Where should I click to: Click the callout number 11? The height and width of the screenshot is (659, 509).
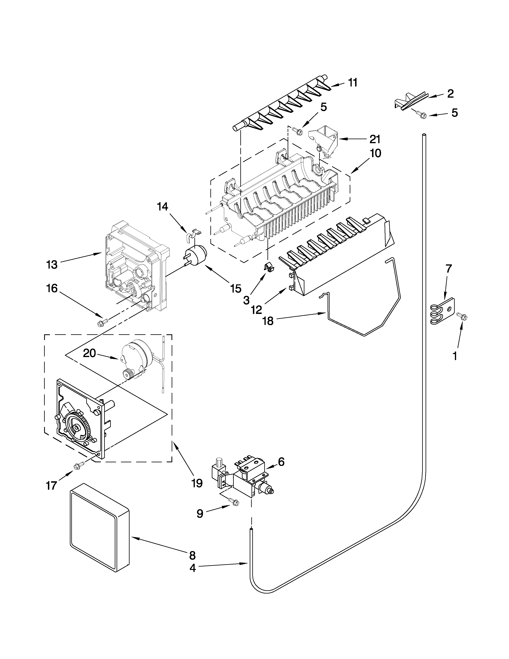[353, 82]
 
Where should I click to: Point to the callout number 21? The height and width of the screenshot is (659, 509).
[374, 139]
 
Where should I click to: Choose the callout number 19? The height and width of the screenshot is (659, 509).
[197, 483]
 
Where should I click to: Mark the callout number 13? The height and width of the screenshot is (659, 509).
[52, 265]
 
